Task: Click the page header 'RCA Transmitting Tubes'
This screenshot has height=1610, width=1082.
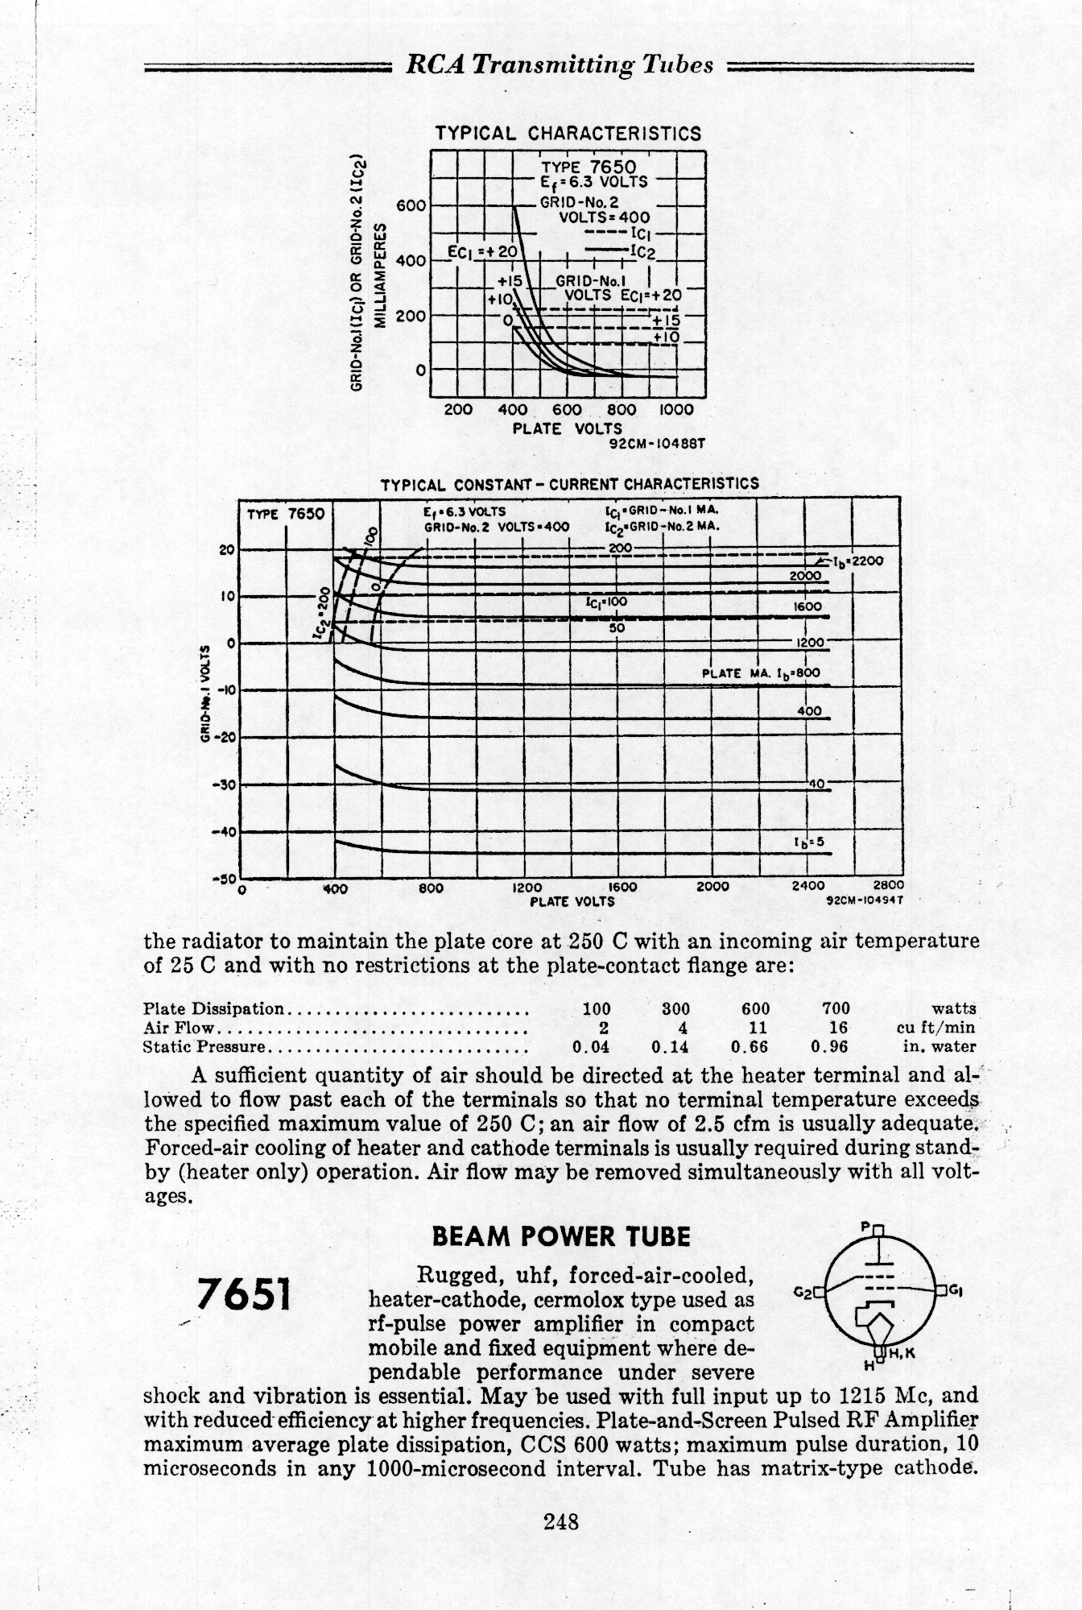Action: [560, 65]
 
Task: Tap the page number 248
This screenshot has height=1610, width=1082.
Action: [561, 1521]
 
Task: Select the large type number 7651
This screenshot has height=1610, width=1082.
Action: [244, 1296]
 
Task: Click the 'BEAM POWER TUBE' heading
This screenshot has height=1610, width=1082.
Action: [561, 1236]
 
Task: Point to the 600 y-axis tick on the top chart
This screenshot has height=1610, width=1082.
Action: [411, 206]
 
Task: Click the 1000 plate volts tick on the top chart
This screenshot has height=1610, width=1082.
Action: [675, 410]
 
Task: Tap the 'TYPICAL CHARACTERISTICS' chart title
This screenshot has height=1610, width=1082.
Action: [568, 134]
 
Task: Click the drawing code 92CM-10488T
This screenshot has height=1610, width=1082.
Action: [658, 443]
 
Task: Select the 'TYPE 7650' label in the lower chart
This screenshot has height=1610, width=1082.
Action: [286, 514]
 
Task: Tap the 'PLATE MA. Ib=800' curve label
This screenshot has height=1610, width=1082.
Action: [761, 673]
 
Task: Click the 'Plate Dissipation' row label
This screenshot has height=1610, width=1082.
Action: [213, 1008]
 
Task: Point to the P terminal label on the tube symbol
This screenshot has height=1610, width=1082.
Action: [865, 1227]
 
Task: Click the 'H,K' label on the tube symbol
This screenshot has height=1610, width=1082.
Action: [900, 1352]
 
